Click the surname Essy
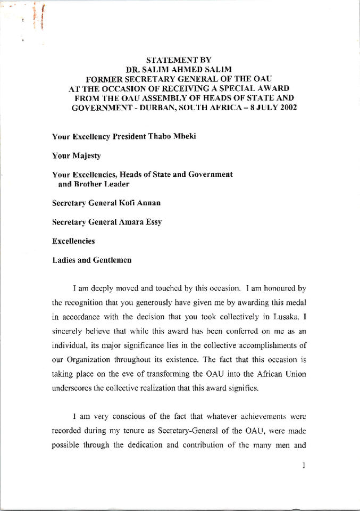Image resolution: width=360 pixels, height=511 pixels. [152, 222]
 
